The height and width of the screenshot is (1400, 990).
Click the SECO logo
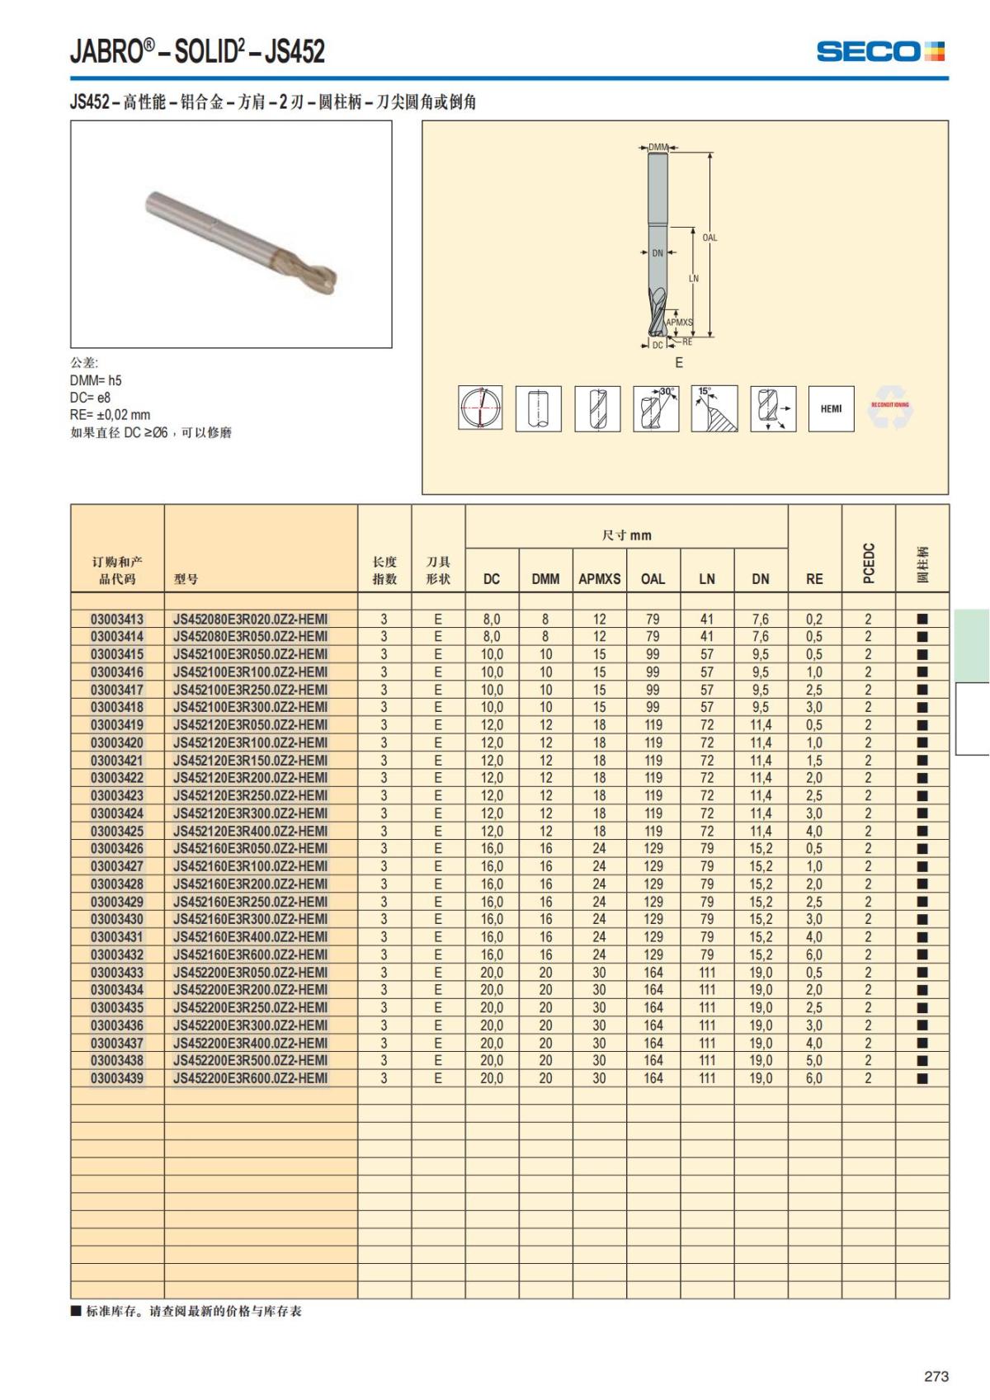point(880,51)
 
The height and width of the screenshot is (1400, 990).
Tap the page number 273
point(936,1376)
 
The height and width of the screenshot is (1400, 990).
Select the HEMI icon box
point(831,408)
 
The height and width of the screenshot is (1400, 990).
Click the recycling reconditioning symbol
point(890,408)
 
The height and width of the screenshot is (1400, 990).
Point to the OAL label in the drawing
point(709,238)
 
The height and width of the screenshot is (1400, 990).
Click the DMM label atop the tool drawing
point(658,148)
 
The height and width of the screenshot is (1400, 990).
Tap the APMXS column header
point(599,579)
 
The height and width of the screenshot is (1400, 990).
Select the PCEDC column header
point(868,563)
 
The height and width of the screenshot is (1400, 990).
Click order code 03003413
point(117,619)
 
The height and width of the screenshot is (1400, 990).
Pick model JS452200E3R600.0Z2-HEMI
point(250,1078)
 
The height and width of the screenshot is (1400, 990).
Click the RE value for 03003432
point(814,955)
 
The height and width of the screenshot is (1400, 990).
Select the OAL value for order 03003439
point(653,1078)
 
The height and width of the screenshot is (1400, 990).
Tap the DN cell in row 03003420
point(761,742)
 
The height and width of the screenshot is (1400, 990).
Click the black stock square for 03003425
point(922,831)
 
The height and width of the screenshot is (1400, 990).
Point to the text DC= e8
point(90,398)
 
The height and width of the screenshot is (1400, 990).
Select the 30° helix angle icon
point(656,408)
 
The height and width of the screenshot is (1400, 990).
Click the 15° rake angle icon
point(714,408)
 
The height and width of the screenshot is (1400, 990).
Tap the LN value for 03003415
point(707,654)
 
